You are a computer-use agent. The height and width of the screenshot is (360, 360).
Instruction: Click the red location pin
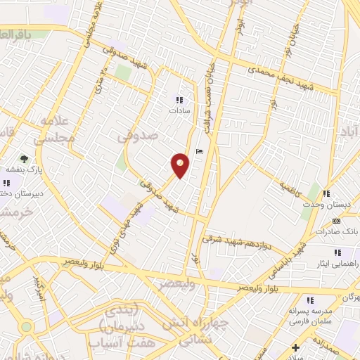click(x=180, y=166)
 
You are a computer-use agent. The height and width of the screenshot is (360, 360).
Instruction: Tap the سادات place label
click(x=176, y=110)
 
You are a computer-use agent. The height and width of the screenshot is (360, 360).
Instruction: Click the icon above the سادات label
click(x=179, y=100)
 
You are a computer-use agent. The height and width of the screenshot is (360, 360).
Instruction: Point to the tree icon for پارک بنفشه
click(x=24, y=159)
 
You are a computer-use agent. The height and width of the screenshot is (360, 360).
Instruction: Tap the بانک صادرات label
click(x=342, y=231)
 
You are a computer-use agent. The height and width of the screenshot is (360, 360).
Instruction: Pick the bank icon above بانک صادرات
click(x=336, y=221)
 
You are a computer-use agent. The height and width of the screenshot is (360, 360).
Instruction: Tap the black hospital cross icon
click(x=296, y=347)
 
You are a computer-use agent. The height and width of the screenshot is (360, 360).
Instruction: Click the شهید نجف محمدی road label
click(x=278, y=75)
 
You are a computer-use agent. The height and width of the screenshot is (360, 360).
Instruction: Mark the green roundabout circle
click(x=26, y=327)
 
